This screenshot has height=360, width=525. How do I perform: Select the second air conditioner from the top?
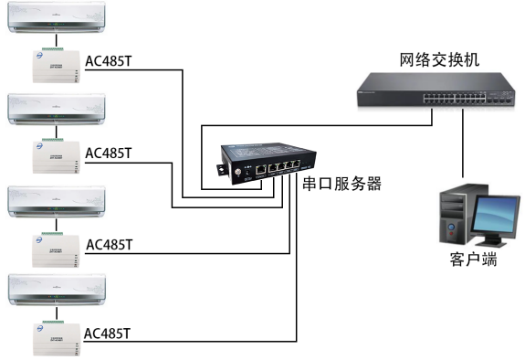coord(57,109)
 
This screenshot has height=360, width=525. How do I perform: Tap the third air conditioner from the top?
coord(57,201)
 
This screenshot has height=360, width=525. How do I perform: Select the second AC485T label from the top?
coord(109,153)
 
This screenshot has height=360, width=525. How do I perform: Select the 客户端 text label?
coord(473,259)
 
